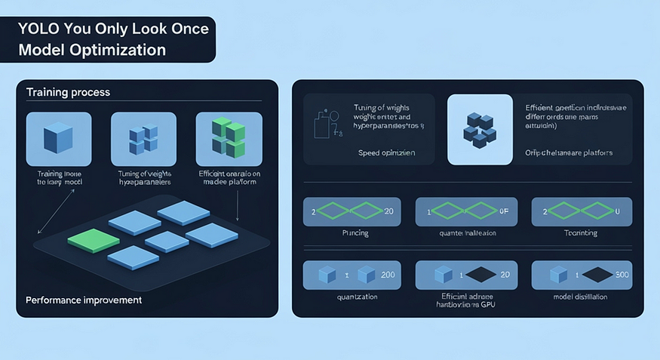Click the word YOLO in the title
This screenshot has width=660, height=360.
click(36, 29)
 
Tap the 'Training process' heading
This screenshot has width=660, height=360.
click(68, 92)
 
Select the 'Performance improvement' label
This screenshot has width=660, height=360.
click(84, 300)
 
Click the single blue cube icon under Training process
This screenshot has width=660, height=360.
click(58, 139)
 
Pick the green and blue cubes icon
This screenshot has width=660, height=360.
click(228, 138)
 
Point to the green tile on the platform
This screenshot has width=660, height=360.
click(94, 241)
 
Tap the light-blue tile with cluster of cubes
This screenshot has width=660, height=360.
click(479, 129)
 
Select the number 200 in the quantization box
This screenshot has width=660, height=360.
click(388, 275)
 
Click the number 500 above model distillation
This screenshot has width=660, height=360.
click(622, 275)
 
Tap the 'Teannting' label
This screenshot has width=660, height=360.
click(580, 233)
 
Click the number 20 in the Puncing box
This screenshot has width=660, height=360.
click(388, 211)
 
